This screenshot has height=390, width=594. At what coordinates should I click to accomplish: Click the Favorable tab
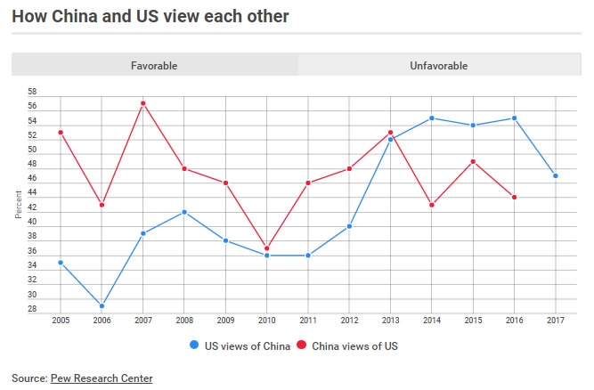tap(154, 66)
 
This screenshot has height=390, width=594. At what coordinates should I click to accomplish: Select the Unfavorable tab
tap(438, 66)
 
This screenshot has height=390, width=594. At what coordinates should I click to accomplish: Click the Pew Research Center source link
tap(100, 378)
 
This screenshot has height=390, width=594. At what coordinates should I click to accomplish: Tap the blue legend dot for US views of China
tap(194, 346)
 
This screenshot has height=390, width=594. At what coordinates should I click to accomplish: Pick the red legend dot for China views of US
tap(301, 346)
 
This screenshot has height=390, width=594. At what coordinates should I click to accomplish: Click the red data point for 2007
tap(142, 103)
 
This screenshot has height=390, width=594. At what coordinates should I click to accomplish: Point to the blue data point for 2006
tap(102, 305)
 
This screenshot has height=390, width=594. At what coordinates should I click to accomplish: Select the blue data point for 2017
tap(556, 175)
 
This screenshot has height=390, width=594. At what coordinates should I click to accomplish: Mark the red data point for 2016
tap(515, 197)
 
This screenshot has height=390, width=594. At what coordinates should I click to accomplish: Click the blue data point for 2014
tap(432, 118)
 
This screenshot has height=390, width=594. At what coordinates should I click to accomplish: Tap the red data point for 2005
tap(60, 133)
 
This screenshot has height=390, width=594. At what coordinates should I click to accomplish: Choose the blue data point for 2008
tap(184, 212)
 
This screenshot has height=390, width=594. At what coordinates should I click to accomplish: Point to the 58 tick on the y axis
tap(33, 93)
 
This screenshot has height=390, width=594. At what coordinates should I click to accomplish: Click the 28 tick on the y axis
tap(33, 309)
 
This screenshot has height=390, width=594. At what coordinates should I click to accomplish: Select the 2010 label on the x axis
tap(267, 319)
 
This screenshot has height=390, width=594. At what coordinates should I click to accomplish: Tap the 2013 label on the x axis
tap(391, 319)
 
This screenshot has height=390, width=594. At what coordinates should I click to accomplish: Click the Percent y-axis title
tap(19, 204)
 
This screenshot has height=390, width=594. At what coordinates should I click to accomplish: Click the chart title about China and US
tap(149, 16)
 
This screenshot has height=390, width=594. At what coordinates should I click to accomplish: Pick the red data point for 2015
tap(473, 161)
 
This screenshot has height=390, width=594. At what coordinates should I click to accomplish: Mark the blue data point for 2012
tap(349, 226)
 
